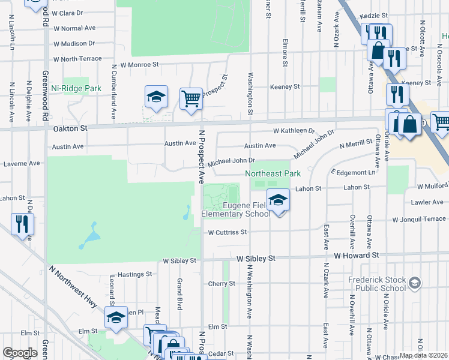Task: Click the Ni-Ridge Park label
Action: click(76, 88)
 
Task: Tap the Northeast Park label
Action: click(273, 173)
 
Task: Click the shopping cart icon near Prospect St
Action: click(191, 98)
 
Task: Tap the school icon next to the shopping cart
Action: click(156, 97)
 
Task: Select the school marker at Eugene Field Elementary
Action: click(277, 200)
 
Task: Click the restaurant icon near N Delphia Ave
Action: click(22, 224)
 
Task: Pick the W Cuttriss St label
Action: click(228, 232)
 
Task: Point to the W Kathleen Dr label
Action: click(294, 131)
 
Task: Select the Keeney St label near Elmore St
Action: click(285, 87)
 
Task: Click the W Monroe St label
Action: click(139, 64)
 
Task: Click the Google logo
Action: click(20, 353)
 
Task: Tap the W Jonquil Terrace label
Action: click(417, 220)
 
